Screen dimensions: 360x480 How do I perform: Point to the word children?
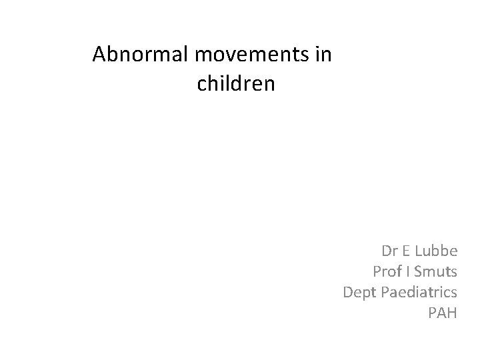(x=236, y=85)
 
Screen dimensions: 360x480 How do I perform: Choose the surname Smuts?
(x=437, y=271)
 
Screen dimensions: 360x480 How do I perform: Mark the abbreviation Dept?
(x=358, y=292)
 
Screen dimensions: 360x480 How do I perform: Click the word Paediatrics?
(x=419, y=291)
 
